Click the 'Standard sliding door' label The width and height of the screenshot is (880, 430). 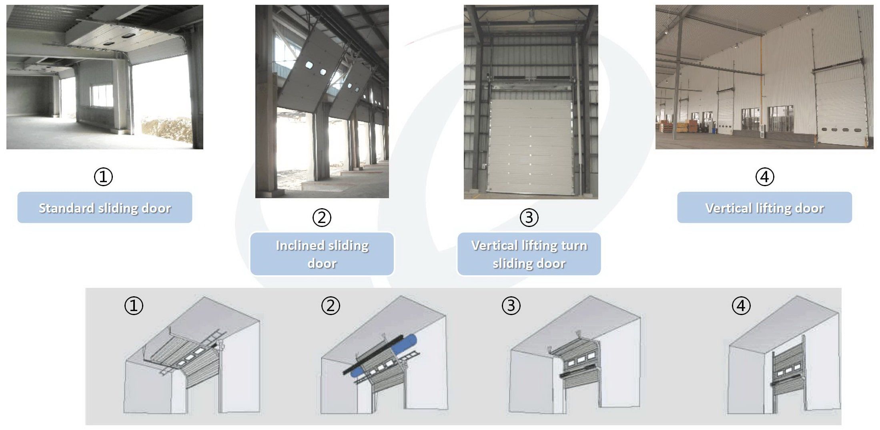[104, 207]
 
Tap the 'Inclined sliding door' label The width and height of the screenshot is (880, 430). [322, 254]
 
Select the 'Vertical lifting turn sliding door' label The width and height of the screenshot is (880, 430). [529, 254]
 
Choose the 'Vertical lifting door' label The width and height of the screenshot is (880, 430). [764, 207]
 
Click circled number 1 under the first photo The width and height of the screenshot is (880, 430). [103, 177]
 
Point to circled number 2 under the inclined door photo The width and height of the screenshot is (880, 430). [322, 217]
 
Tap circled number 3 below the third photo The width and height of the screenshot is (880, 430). [529, 217]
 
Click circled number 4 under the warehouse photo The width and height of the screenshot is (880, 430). [765, 177]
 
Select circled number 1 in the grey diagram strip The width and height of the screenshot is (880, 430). [134, 306]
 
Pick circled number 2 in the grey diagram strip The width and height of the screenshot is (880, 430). [331, 306]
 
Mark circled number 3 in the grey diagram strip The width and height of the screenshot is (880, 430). [511, 306]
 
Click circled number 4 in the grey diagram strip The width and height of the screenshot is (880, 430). [741, 306]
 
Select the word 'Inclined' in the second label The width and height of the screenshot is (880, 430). [300, 245]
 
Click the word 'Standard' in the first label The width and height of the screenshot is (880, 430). [66, 208]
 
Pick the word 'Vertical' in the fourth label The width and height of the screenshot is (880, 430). [728, 208]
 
